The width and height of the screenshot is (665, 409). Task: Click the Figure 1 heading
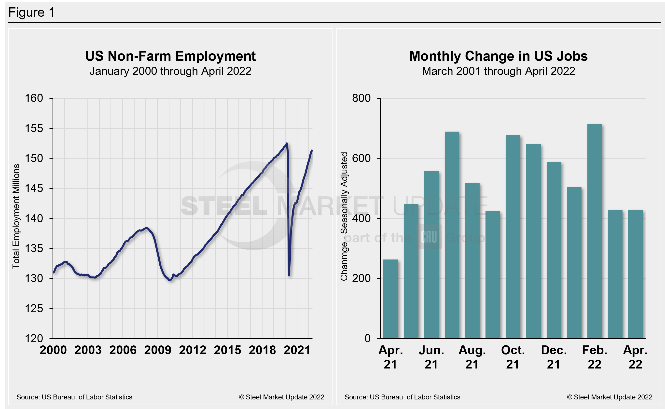coord(31,13)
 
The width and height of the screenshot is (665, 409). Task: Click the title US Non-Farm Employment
coord(170,56)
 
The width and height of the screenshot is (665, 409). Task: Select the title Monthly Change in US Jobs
coord(498,56)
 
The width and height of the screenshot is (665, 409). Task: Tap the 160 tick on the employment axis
coord(34,98)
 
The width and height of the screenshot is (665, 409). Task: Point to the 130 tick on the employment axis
coord(34,278)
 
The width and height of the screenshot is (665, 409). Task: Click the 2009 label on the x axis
coord(157,350)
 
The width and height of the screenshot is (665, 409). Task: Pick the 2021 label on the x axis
coord(297,350)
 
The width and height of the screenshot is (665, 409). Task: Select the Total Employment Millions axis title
coord(16,216)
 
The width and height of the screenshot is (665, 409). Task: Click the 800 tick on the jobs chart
coord(361,98)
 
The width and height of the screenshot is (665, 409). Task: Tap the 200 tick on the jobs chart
coord(361,278)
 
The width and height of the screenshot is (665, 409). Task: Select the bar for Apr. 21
coord(390,299)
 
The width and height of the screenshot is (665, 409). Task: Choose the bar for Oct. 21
coord(513,237)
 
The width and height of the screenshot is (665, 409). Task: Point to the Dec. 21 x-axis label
coord(554,357)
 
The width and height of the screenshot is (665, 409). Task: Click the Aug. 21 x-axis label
coord(472,357)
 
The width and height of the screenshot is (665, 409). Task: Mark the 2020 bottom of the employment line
coord(289,275)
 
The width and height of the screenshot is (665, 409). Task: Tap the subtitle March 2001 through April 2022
coord(498,71)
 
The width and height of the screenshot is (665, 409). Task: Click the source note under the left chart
coord(74,397)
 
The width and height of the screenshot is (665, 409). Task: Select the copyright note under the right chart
coord(609,397)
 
